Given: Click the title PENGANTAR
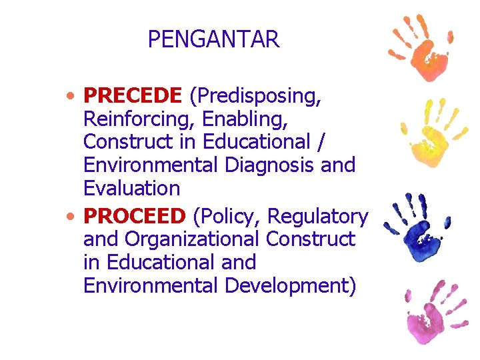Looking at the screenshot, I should [x=213, y=40].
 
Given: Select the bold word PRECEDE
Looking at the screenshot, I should [x=132, y=96].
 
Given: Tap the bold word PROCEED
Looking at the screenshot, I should [x=134, y=216].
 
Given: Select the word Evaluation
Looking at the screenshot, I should [x=131, y=188].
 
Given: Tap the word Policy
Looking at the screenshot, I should [x=225, y=217].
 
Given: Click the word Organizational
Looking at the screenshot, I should [x=193, y=239].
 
